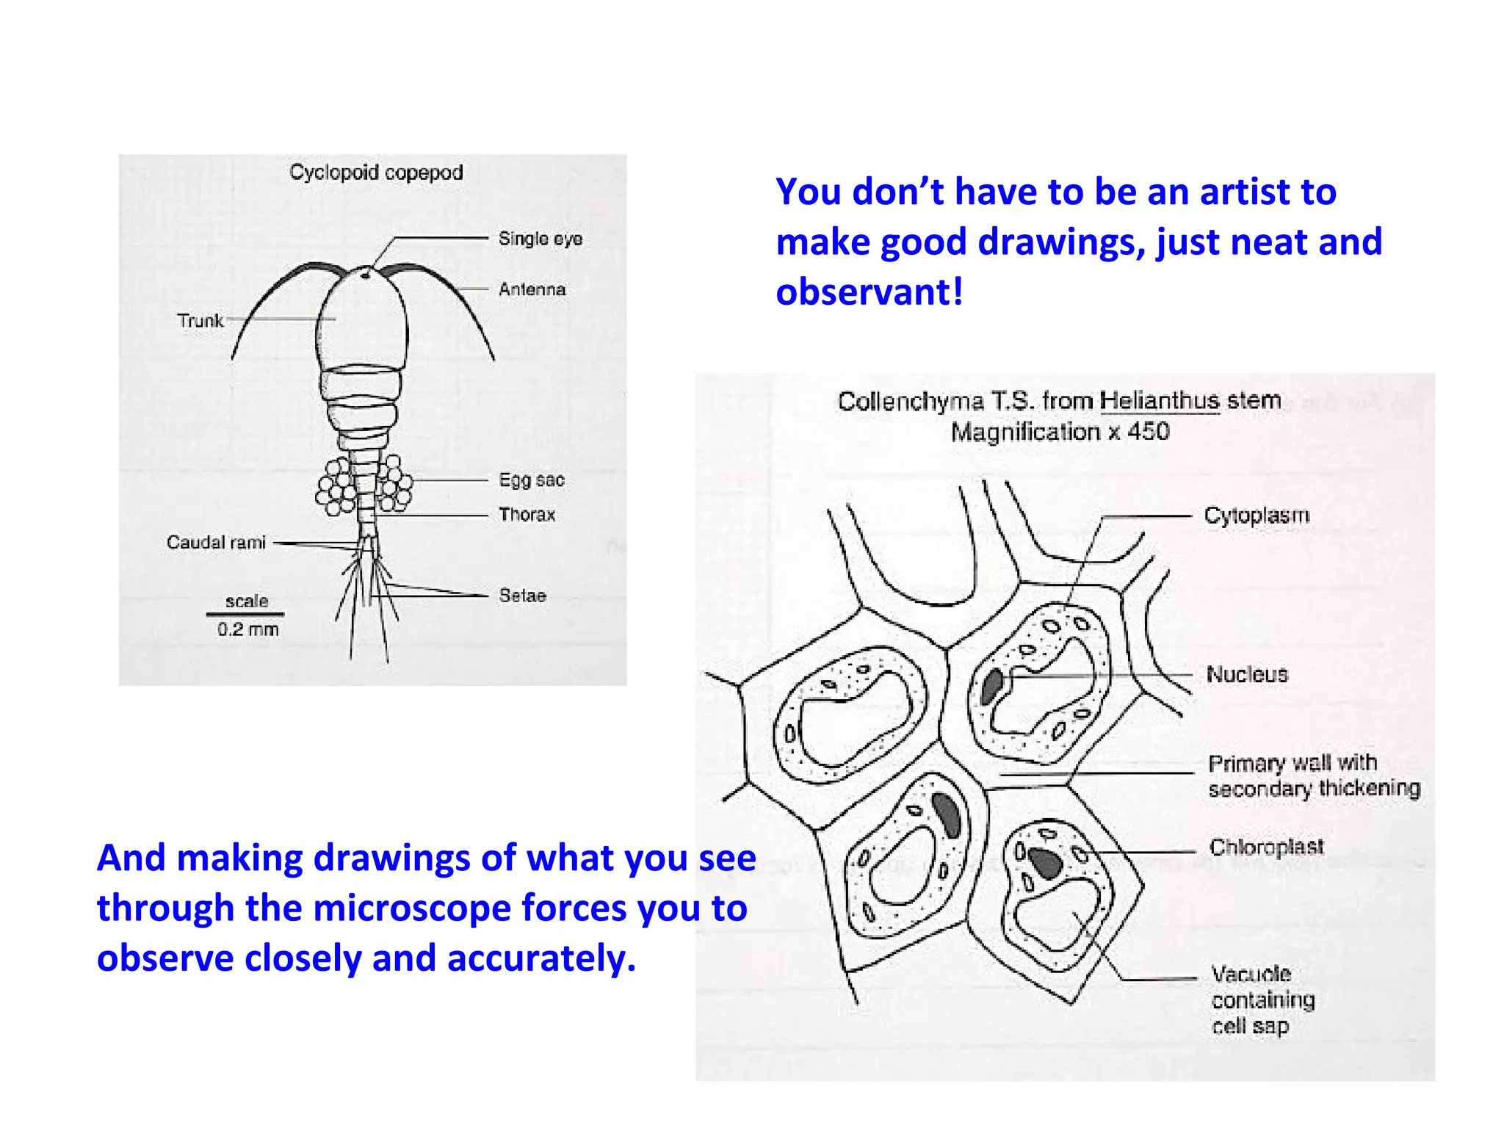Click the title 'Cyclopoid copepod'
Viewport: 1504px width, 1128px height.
tap(376, 173)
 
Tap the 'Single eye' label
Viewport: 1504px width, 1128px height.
tap(540, 239)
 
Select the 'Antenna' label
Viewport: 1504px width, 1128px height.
tap(532, 289)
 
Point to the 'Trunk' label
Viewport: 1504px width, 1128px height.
tap(200, 320)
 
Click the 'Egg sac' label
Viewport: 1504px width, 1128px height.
tap(531, 480)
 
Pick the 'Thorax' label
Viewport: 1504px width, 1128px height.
tap(527, 514)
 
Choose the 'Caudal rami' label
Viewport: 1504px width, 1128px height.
tap(216, 542)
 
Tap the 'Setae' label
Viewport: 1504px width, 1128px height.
tap(522, 596)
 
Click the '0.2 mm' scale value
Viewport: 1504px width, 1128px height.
tap(247, 629)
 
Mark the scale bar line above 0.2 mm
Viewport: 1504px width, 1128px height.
tap(245, 614)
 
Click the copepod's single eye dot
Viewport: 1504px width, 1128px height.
tap(365, 275)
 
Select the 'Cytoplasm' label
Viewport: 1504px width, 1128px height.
tap(1257, 516)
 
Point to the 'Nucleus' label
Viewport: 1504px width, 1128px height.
tap(1247, 674)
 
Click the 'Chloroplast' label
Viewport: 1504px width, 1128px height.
tap(1266, 847)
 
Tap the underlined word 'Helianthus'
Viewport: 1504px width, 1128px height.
tap(1159, 401)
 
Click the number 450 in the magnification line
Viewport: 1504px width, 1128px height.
tap(1148, 431)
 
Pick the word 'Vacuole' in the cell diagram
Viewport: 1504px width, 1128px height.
tap(1251, 974)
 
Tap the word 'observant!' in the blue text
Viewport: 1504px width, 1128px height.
tap(869, 292)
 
